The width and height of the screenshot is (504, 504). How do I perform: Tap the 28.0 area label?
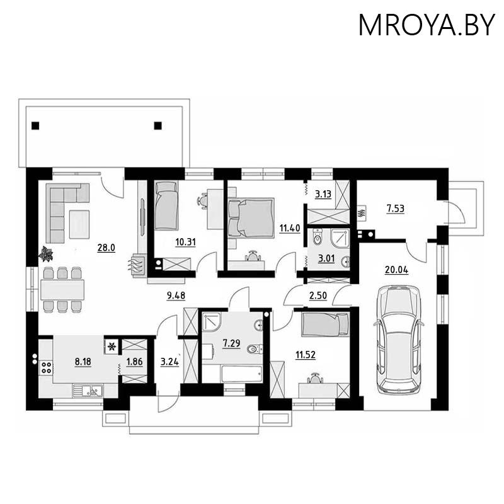[106, 248]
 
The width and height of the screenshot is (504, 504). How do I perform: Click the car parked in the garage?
[398, 339]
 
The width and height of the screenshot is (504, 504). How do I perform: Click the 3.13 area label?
[323, 193]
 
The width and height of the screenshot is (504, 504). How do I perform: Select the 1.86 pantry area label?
[134, 361]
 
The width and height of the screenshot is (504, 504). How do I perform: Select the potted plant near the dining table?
[46, 254]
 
